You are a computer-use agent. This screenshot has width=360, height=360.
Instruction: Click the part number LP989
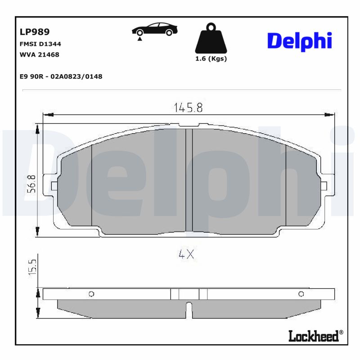[x=35, y=32]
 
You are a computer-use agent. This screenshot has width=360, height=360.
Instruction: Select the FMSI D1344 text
[x=40, y=44]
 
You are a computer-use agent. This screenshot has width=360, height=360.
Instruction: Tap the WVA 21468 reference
[x=40, y=55]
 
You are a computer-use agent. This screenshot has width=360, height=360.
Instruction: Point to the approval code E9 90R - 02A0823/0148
[x=61, y=76]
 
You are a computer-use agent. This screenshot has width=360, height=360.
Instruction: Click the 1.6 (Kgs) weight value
[x=211, y=59]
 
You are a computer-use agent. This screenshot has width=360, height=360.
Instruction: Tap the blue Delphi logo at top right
[x=299, y=41]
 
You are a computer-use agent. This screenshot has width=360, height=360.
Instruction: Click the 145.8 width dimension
[x=188, y=108]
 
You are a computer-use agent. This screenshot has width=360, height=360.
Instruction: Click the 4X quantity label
[x=186, y=254]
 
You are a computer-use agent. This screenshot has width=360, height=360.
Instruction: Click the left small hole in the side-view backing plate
[x=91, y=294]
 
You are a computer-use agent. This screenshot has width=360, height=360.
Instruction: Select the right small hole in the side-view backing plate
[x=301, y=294]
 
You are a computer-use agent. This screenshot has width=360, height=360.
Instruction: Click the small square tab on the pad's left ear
[x=54, y=186]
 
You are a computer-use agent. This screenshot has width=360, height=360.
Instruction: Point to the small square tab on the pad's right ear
[x=324, y=186]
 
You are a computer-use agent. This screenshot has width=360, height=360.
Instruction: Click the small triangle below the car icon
[x=140, y=40]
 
